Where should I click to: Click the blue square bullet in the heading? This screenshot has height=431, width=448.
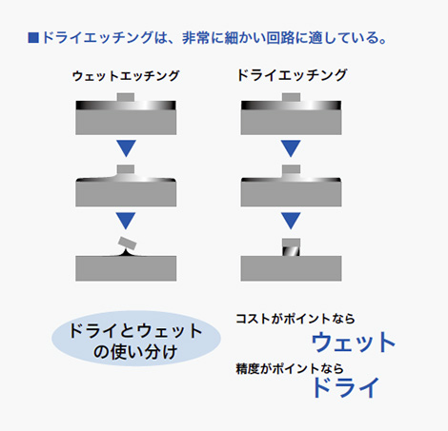(33, 37)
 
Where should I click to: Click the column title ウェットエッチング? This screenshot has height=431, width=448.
(126, 76)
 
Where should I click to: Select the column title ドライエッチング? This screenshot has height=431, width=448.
(292, 75)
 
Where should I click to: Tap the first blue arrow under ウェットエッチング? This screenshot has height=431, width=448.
(126, 148)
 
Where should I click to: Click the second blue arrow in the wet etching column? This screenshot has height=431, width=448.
(126, 221)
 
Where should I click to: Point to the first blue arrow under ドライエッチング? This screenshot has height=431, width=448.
(291, 148)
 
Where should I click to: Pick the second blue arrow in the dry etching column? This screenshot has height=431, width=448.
(291, 221)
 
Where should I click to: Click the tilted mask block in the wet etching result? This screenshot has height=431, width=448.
(127, 244)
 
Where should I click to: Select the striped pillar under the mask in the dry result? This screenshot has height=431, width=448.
(291, 251)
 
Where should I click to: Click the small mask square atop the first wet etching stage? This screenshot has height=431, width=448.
(126, 97)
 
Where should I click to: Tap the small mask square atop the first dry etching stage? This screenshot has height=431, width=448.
(291, 97)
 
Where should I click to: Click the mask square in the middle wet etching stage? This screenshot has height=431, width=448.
(126, 168)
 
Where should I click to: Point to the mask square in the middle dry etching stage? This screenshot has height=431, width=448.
(291, 169)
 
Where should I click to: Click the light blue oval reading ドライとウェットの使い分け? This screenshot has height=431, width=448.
(136, 339)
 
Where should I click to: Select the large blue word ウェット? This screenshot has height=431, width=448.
(353, 343)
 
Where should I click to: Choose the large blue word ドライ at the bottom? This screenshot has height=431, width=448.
(346, 387)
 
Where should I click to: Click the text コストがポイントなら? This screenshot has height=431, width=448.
(295, 319)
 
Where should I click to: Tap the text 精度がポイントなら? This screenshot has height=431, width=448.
(290, 369)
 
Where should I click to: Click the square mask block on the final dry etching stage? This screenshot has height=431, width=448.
(291, 243)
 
